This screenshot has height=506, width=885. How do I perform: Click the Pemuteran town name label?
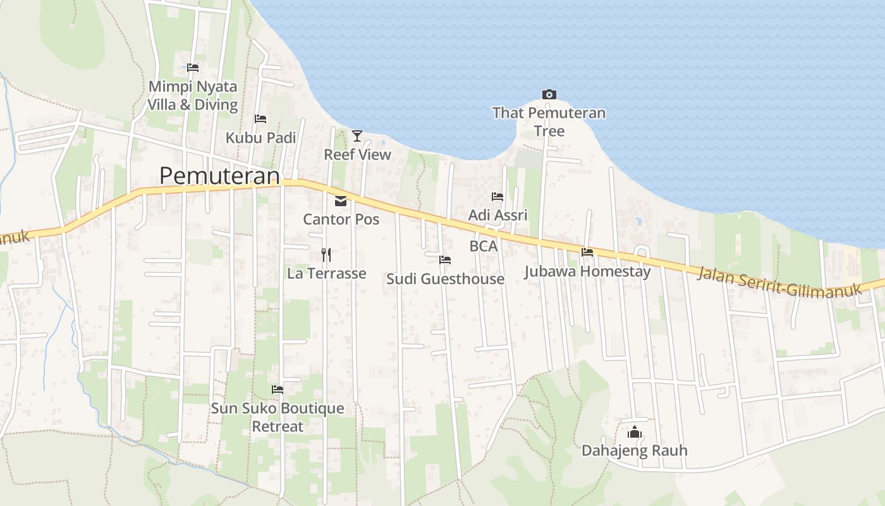219,175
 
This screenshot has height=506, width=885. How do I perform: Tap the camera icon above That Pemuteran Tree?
549,95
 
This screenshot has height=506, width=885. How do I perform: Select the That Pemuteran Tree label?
549,122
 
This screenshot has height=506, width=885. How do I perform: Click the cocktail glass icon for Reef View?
357,135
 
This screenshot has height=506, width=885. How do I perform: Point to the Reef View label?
357,154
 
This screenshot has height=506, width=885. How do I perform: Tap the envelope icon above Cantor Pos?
341,201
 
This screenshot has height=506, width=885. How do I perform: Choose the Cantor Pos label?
341,219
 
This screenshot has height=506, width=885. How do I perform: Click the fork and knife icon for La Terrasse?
326,254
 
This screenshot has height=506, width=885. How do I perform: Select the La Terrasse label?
326,273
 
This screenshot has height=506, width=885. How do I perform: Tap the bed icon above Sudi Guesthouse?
445,260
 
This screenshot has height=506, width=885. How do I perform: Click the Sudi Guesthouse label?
445,279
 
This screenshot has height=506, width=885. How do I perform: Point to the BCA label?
484,246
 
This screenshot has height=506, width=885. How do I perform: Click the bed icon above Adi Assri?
497,197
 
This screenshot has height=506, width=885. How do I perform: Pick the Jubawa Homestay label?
587,271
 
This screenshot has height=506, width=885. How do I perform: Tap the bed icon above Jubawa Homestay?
587,252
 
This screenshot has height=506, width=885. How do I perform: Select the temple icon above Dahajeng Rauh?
634,433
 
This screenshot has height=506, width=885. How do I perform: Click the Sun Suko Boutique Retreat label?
278,417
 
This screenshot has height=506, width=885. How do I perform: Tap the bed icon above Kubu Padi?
260,119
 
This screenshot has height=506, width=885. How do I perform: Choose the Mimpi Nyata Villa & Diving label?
192,96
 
